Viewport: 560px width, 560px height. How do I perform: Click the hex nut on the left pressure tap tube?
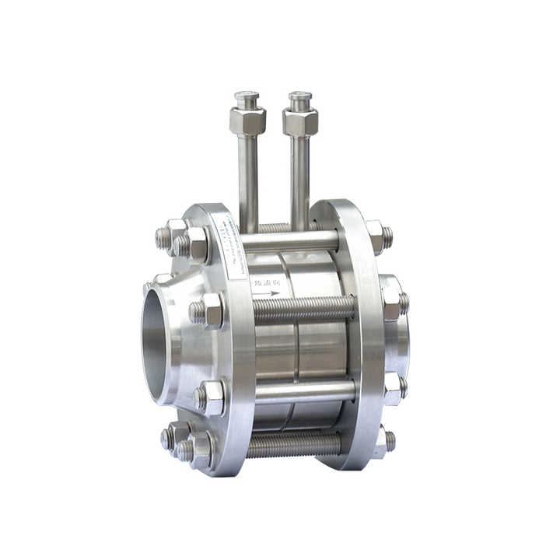pos(247,121)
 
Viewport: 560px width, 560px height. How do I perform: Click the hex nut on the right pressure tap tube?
pos(300,122)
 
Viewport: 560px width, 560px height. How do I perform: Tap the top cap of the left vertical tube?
pos(247,99)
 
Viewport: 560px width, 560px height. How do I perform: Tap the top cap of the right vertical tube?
pos(300,100)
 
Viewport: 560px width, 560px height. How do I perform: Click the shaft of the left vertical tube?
pos(248,179)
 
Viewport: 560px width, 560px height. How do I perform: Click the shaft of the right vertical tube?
pos(300,179)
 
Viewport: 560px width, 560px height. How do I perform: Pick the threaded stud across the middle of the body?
pos(303,309)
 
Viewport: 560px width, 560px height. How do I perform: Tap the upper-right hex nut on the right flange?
pos(377,236)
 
